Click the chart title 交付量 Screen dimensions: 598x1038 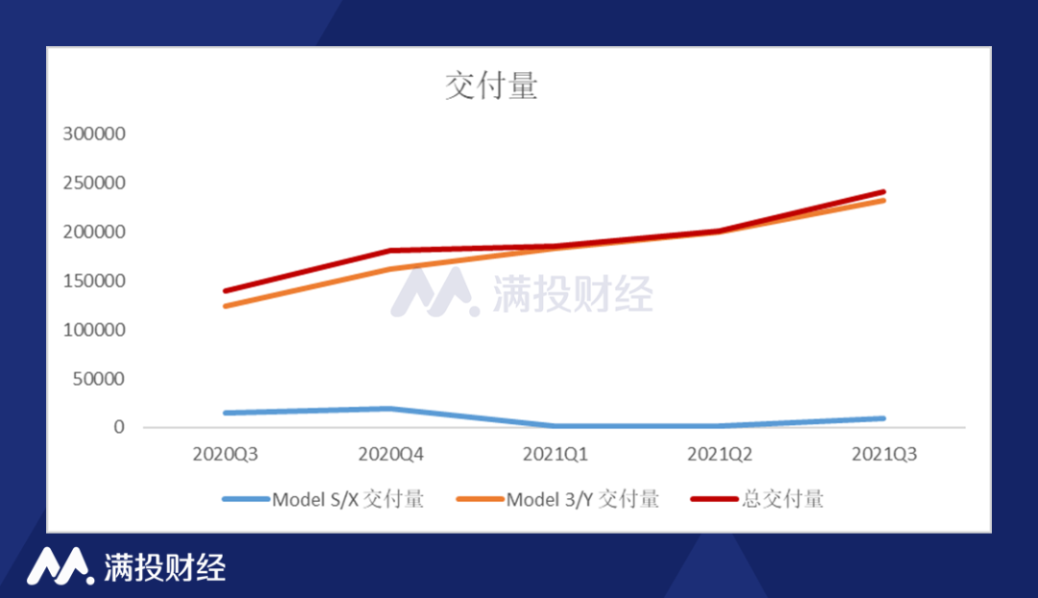pos(491,87)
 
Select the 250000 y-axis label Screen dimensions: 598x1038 pos(94,184)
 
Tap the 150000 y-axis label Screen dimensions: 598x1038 pos(94,282)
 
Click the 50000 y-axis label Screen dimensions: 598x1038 pos(99,379)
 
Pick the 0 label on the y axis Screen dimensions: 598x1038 pos(119,427)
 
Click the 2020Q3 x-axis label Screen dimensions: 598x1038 pos(224,454)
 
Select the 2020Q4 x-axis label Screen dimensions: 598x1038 pos(390,454)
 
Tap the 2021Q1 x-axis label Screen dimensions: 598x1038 pos(556,454)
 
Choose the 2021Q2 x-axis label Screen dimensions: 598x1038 pos(718,454)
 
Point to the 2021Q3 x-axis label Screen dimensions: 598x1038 pos(884,454)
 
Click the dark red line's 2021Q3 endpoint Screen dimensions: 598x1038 pos(883,192)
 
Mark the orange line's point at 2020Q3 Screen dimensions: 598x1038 pos(225,306)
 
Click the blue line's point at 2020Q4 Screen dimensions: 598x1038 pos(390,409)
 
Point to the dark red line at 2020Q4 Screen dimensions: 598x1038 pos(390,251)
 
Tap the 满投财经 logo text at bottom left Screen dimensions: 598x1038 pos(164,567)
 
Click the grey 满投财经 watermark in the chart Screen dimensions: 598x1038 pos(572,293)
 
